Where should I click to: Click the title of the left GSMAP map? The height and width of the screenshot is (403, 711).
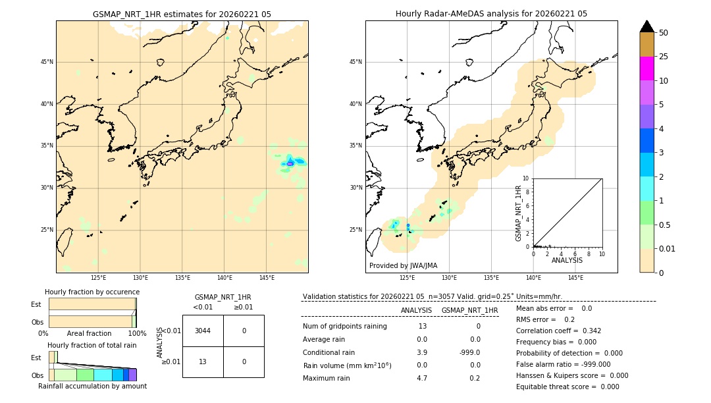pos(182,14)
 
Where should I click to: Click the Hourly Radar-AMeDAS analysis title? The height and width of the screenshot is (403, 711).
pos(491,14)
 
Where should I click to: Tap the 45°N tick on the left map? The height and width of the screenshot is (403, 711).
pos(47,62)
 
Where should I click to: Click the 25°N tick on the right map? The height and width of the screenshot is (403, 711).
pos(356,230)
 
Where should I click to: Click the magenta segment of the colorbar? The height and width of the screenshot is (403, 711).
pos(646,68)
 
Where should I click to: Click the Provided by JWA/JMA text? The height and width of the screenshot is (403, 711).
pos(403,265)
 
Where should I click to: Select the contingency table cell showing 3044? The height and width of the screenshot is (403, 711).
pos(203,331)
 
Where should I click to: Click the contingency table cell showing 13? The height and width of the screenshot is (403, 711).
pos(203,362)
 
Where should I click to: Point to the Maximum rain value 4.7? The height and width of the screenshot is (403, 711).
pos(422,378)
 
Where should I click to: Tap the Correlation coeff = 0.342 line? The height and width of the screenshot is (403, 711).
pos(558,331)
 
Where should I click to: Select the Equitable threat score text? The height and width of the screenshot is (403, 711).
pos(567,387)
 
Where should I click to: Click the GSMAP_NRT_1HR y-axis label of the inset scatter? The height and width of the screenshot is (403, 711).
pos(519,213)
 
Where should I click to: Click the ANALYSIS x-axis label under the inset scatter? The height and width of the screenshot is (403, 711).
pos(567,261)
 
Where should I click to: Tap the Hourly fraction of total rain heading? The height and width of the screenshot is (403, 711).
pos(92,345)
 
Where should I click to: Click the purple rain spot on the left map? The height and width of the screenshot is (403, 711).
pos(290,163)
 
